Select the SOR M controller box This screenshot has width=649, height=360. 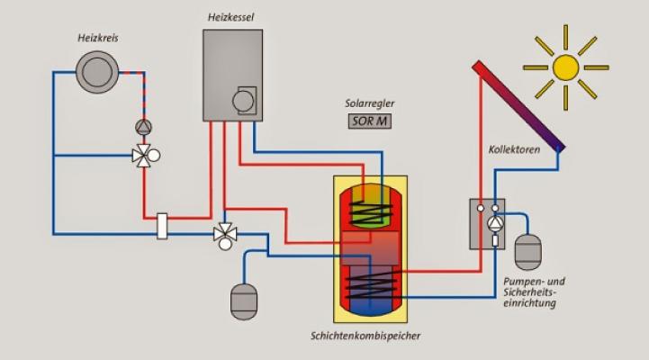click(369, 120)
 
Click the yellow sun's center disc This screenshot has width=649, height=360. click(565, 67)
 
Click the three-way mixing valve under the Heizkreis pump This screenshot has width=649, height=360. click(144, 155)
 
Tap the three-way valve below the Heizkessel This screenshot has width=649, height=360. click(222, 236)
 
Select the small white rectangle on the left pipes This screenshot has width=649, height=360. click(163, 225)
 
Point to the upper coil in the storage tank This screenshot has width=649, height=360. click(365, 213)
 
